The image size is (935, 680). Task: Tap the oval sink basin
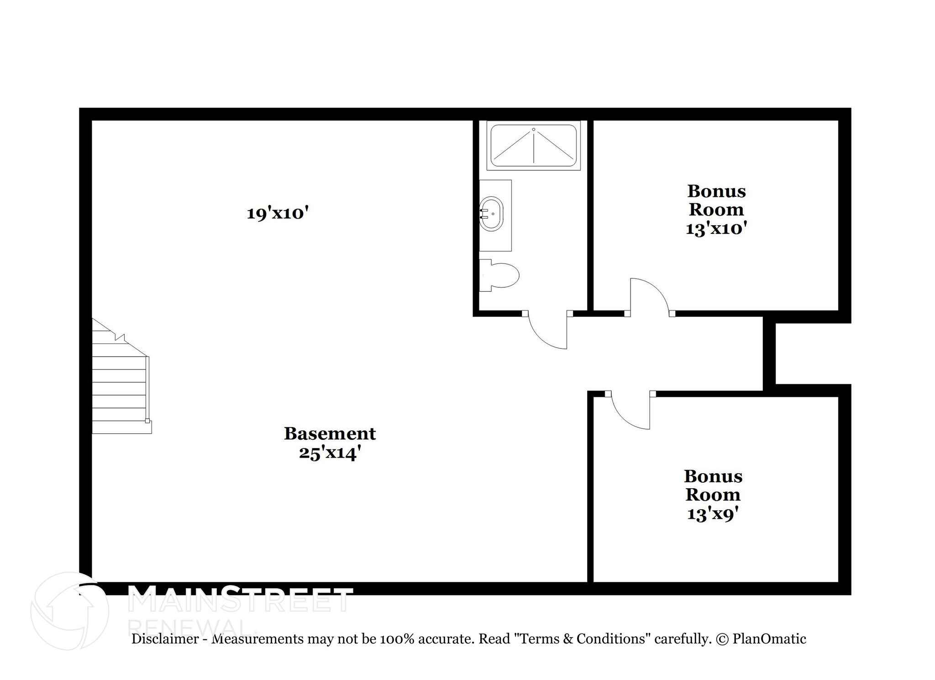pyautogui.click(x=492, y=214)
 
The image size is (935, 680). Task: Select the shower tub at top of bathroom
pyautogui.click(x=533, y=146)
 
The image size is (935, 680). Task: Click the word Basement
pyautogui.click(x=330, y=433)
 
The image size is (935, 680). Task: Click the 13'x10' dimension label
pyautogui.click(x=716, y=228)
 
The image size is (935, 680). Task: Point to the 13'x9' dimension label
pyautogui.click(x=713, y=514)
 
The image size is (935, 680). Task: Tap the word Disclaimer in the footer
pyautogui.click(x=165, y=638)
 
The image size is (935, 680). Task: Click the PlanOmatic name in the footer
pyautogui.click(x=769, y=638)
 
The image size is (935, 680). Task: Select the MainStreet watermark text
pyautogui.click(x=240, y=599)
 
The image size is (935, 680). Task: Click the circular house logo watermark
pyautogui.click(x=69, y=611)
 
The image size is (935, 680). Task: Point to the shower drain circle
pyautogui.click(x=533, y=130)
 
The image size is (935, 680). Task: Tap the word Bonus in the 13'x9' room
pyautogui.click(x=713, y=476)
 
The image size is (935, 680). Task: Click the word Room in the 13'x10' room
pyautogui.click(x=716, y=210)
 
